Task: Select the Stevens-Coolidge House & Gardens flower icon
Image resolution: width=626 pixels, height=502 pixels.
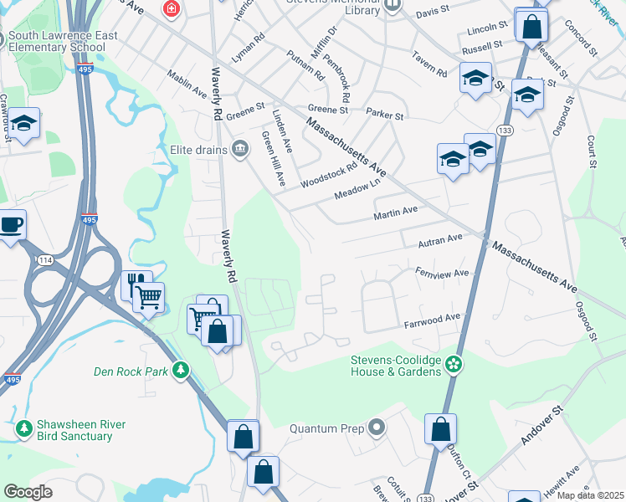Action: [x=453, y=364]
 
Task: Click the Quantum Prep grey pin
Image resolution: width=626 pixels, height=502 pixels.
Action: [x=377, y=428]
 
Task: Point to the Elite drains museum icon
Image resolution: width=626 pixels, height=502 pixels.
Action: [x=240, y=149]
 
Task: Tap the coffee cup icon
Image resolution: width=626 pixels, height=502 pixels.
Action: [x=11, y=224]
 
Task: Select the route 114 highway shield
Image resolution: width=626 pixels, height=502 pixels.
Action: [x=42, y=261]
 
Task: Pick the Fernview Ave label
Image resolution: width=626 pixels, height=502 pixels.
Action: [x=442, y=274]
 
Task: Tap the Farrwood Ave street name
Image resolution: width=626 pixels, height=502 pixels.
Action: [x=432, y=319]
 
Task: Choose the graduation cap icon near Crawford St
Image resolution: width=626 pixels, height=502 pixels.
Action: [x=23, y=124]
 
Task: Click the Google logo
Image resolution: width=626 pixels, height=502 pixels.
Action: [x=28, y=492]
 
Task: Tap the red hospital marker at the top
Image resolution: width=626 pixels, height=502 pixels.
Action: [x=172, y=9]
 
